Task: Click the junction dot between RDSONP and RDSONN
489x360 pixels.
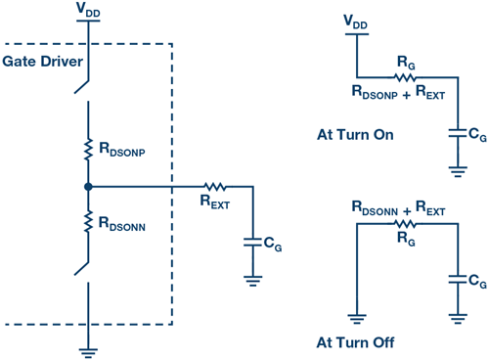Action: click(x=88, y=185)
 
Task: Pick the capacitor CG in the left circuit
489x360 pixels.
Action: click(x=253, y=239)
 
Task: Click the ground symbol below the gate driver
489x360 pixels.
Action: click(x=88, y=345)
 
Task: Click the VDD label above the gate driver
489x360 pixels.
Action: click(x=88, y=10)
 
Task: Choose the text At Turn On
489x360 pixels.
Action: click(x=355, y=134)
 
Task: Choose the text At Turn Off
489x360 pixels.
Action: click(x=355, y=342)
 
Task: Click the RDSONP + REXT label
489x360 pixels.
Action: click(x=398, y=95)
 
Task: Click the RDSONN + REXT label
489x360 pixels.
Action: click(x=398, y=208)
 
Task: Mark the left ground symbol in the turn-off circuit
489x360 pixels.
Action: click(x=355, y=316)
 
